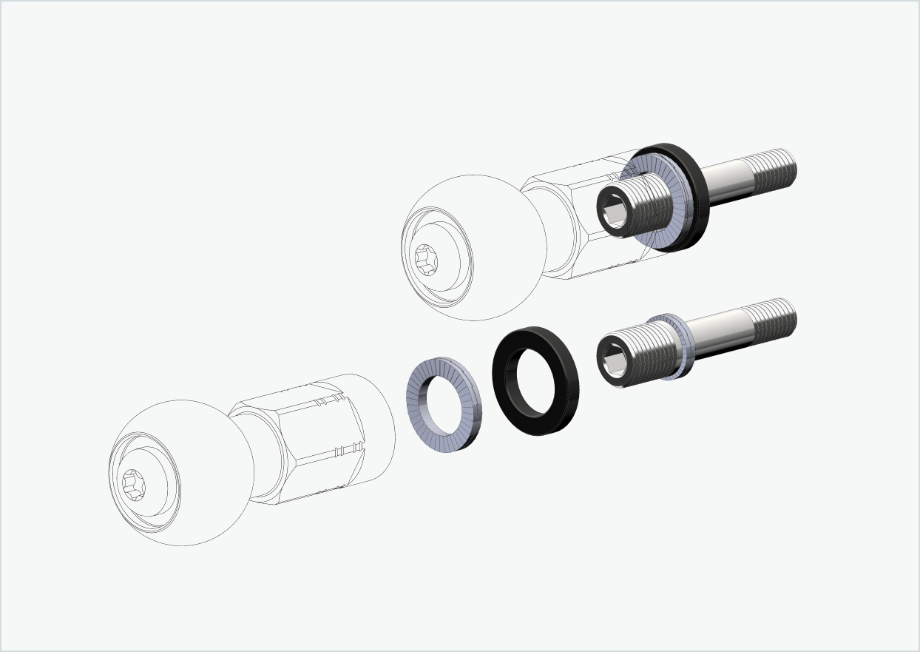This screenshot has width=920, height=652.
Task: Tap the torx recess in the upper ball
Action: tap(427, 261)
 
